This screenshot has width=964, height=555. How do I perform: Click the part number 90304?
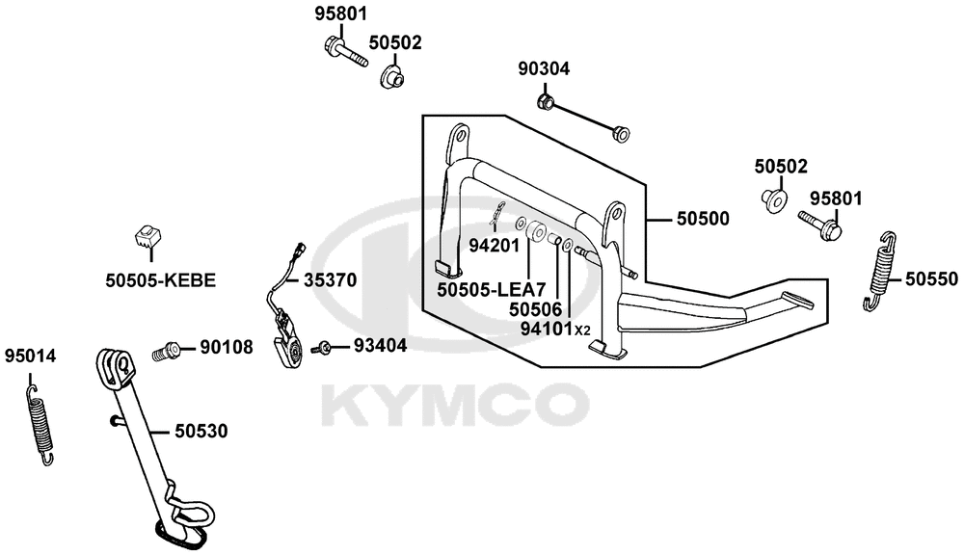(544, 68)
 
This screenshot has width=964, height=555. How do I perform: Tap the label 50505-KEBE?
(161, 281)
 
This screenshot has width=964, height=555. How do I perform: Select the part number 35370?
(330, 280)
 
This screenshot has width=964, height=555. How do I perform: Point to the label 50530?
(201, 432)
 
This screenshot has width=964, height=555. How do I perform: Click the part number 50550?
(931, 279)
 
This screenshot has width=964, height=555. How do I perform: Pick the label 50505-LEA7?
(492, 289)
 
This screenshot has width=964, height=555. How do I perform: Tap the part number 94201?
(495, 246)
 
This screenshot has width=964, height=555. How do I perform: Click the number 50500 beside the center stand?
(703, 219)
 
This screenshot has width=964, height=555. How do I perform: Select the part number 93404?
(380, 346)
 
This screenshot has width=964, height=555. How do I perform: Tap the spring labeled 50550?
(879, 272)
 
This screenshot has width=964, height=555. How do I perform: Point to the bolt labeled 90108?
(165, 352)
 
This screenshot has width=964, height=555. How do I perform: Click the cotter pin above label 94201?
(497, 212)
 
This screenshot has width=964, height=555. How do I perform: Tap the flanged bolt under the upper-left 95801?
(344, 52)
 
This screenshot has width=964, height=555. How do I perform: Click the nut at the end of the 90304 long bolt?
(621, 133)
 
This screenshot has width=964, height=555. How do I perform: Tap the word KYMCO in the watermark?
(455, 405)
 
